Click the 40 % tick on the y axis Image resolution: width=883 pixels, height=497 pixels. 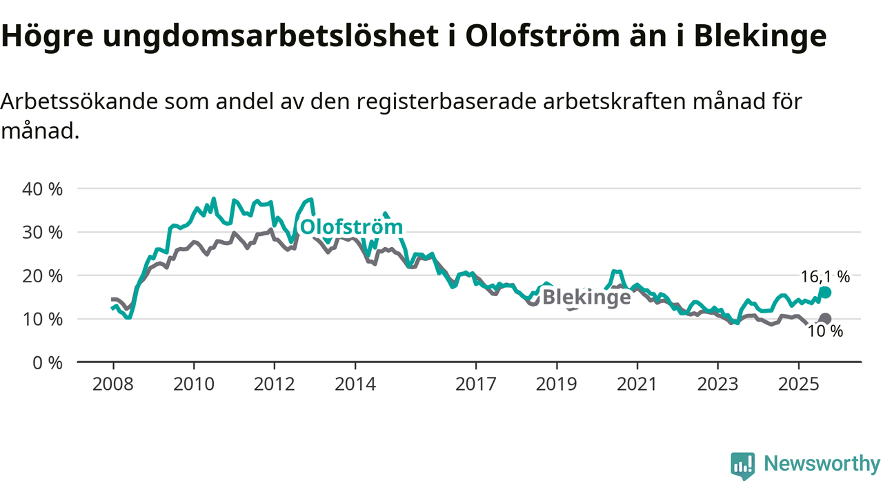(42, 188)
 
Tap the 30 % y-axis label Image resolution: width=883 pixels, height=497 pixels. (42, 232)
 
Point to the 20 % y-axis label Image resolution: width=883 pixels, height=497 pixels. (42, 275)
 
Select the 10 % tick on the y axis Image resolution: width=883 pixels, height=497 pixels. (42, 319)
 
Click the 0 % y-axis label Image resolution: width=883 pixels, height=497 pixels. (47, 362)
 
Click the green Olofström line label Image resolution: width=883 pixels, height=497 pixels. (351, 227)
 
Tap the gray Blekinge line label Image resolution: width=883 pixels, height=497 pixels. (586, 297)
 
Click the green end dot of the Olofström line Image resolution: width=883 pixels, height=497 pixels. (825, 292)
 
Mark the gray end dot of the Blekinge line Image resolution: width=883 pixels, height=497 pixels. (825, 319)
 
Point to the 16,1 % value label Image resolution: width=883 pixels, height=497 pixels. (825, 277)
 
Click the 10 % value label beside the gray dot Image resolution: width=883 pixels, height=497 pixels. (825, 331)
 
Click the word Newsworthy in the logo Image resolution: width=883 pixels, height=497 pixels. (822, 464)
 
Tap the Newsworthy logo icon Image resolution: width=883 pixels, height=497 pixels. (742, 465)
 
